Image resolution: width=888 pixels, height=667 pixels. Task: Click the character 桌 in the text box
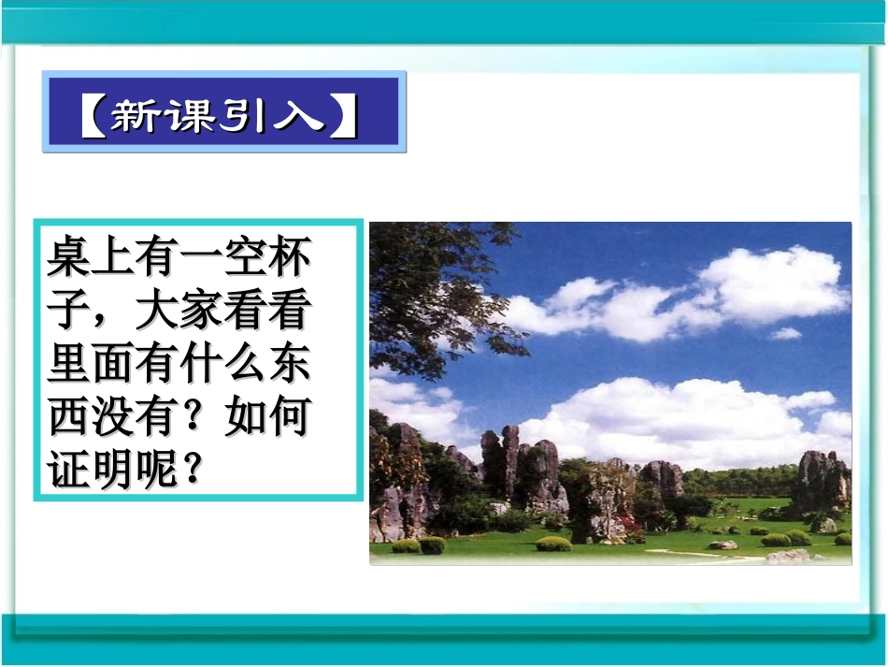tap(69, 256)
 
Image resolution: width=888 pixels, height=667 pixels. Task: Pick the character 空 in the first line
tap(245, 256)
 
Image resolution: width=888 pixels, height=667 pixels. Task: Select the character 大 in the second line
tap(157, 311)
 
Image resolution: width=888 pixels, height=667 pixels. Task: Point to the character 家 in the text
tap(201, 311)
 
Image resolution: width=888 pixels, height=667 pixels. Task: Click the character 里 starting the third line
tap(69, 365)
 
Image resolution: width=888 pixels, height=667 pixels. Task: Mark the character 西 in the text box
tap(69, 418)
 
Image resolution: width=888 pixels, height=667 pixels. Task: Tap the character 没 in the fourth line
tap(113, 418)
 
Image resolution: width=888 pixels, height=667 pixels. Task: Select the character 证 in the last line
tap(69, 471)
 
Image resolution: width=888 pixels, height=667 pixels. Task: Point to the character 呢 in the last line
tap(157, 471)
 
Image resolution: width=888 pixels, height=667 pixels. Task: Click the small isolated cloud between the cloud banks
tap(785, 333)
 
